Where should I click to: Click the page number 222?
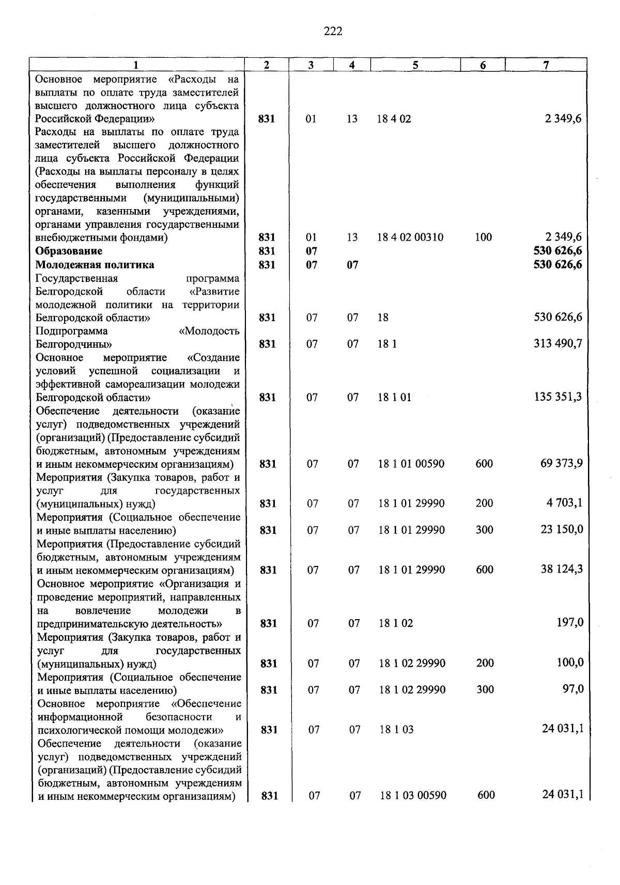pyautogui.click(x=333, y=32)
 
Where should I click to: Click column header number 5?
pyautogui.click(x=415, y=65)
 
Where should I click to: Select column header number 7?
pyautogui.click(x=546, y=65)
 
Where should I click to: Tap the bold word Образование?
pyautogui.click(x=69, y=251)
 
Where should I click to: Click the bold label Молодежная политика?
pyautogui.click(x=95, y=265)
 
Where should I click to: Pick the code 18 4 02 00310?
pyautogui.click(x=410, y=238)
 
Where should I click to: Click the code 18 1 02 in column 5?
pyautogui.click(x=396, y=623)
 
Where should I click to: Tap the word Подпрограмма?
pyautogui.click(x=72, y=331)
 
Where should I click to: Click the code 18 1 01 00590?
pyautogui.click(x=411, y=464)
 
